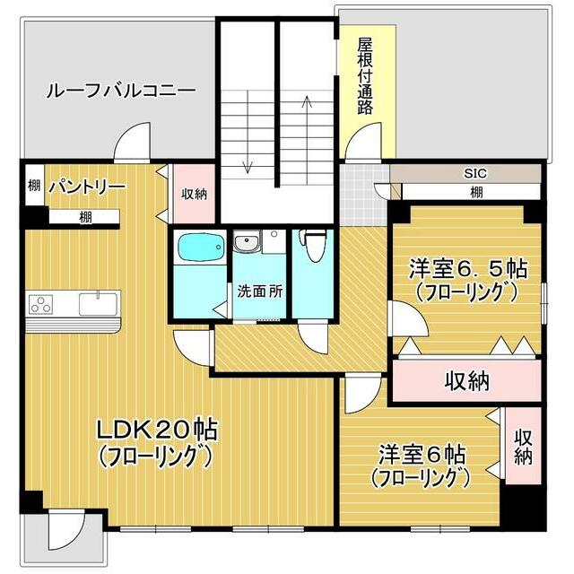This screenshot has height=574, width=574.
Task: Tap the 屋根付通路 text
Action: (x=364, y=76)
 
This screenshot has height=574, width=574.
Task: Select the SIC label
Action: (x=474, y=173)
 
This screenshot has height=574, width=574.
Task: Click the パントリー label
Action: (x=87, y=187)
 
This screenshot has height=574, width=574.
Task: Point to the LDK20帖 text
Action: (x=158, y=430)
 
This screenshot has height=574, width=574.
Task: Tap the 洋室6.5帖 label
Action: (x=467, y=268)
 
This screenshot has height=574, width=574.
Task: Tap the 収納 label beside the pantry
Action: (x=194, y=193)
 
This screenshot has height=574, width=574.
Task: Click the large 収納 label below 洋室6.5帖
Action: (x=467, y=380)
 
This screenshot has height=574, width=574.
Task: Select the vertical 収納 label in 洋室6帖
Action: (x=523, y=446)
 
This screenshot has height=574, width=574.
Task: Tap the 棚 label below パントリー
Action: (x=84, y=216)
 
